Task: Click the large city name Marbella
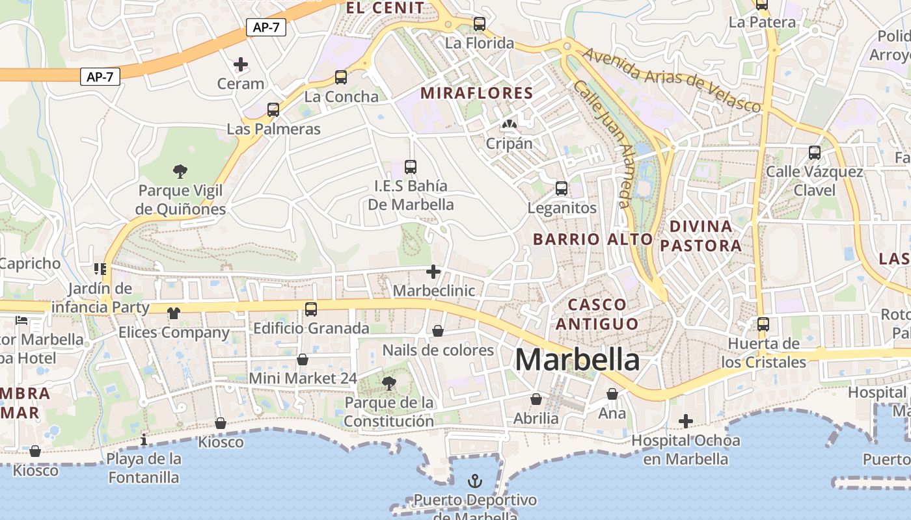coord(577,359)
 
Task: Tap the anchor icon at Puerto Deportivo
coord(476,482)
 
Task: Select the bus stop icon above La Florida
coord(480,24)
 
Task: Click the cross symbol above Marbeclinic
coord(433,272)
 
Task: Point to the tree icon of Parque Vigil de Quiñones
coord(180,172)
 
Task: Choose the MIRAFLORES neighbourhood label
coord(476,93)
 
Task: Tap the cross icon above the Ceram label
coord(241,64)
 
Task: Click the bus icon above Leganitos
coord(562,189)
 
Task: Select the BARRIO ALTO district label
coord(593,239)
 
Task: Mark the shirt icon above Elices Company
coord(173,313)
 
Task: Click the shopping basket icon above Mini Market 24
coord(303,359)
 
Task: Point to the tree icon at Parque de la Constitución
coord(389,383)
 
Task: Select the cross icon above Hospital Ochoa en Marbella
coord(685,421)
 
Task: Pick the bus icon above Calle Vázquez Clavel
coord(815,153)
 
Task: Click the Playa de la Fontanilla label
coord(144,468)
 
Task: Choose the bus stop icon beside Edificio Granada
coord(311,309)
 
